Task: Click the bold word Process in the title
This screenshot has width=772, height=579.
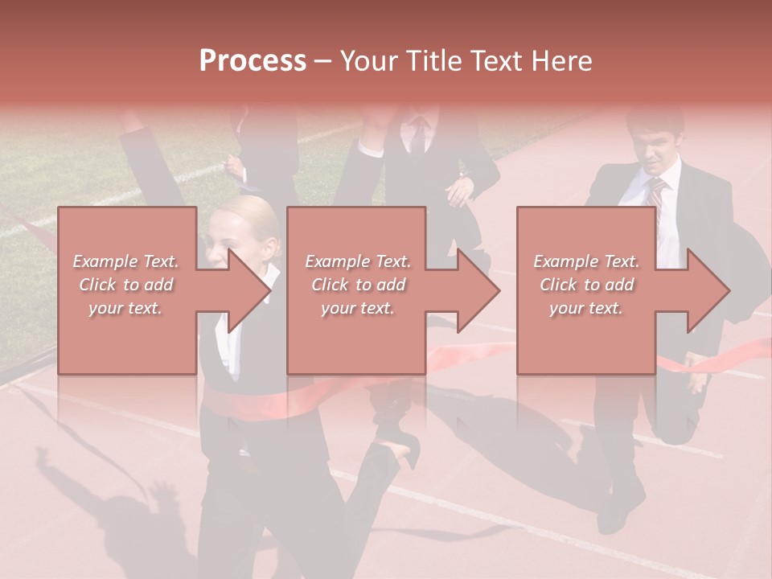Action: [253, 61]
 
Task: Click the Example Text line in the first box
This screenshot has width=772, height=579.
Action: [126, 261]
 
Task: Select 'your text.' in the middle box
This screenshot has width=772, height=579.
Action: [358, 308]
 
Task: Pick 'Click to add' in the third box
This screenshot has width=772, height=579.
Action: [587, 285]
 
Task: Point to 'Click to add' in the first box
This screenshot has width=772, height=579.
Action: [126, 285]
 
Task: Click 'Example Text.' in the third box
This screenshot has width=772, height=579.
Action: [587, 261]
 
